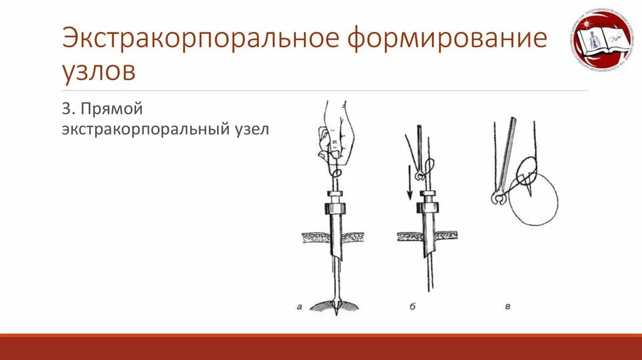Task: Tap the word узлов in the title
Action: tap(98, 71)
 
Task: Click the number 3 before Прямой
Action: tap(65, 110)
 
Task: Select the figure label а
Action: tap(299, 307)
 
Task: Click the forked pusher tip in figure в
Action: tap(497, 199)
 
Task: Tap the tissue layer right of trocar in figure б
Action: tap(446, 236)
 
